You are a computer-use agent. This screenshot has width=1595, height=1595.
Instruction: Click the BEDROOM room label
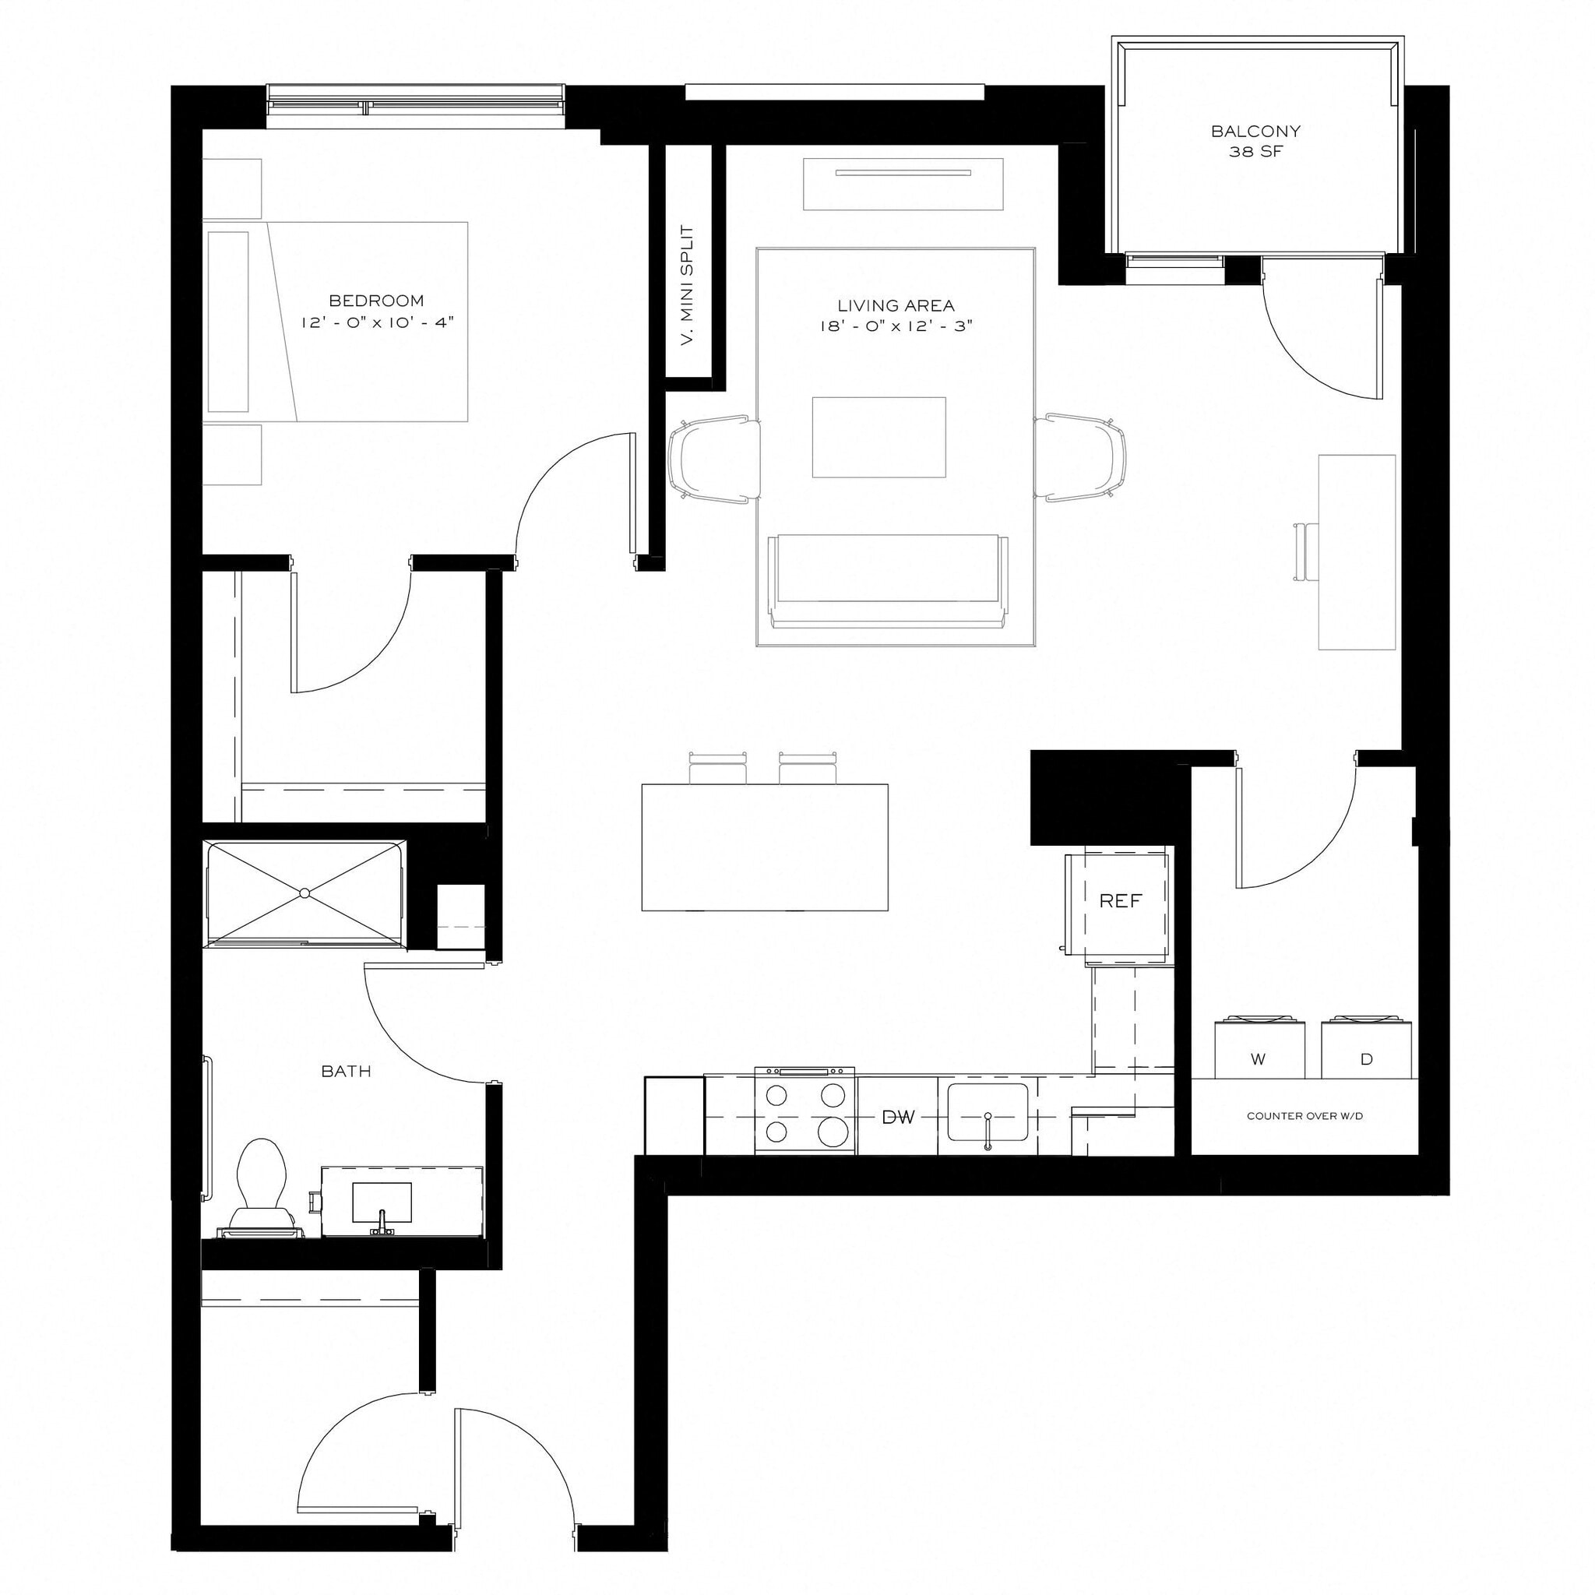point(375,301)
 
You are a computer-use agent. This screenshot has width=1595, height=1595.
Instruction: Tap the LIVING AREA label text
point(896,305)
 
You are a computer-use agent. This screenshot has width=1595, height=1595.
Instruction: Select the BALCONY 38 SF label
point(1255,141)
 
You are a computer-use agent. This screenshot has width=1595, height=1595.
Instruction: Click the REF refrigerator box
point(1119,902)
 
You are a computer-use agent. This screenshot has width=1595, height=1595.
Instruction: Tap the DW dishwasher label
point(898,1118)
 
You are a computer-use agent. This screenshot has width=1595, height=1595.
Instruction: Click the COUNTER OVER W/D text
point(1305,1116)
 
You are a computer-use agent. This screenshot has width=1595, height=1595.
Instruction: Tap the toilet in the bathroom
point(261,1181)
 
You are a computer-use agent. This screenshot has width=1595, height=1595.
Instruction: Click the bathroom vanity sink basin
point(382,1201)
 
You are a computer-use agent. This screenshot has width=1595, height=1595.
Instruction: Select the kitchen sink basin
point(988,1112)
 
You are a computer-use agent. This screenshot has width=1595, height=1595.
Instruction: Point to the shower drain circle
point(305,893)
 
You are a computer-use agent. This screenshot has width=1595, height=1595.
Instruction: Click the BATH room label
point(346,1072)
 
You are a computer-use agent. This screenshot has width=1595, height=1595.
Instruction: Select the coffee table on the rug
point(878,437)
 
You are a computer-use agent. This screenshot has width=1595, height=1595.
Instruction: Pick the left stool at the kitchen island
point(717,769)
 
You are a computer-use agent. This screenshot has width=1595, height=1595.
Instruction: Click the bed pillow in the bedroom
point(228,321)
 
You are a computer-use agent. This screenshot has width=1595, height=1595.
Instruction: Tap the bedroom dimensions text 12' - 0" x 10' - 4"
point(377,322)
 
